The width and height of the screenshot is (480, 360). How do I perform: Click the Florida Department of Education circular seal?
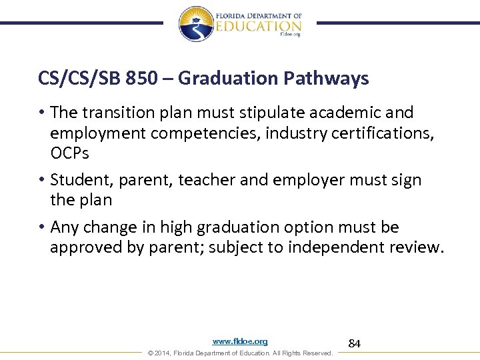tap(196, 23)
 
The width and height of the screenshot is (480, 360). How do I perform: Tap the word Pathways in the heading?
tap(327, 79)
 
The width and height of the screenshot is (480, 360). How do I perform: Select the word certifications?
tap(387, 133)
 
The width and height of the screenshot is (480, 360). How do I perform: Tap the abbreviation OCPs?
tap(69, 153)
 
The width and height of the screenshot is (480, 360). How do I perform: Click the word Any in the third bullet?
tap(64, 227)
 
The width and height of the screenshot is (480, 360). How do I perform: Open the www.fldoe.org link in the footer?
tap(240, 341)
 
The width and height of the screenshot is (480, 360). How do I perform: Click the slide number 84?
tap(355, 344)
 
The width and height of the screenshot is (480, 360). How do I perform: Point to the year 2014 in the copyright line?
tap(161, 353)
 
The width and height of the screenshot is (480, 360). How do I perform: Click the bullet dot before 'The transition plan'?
tap(42, 112)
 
